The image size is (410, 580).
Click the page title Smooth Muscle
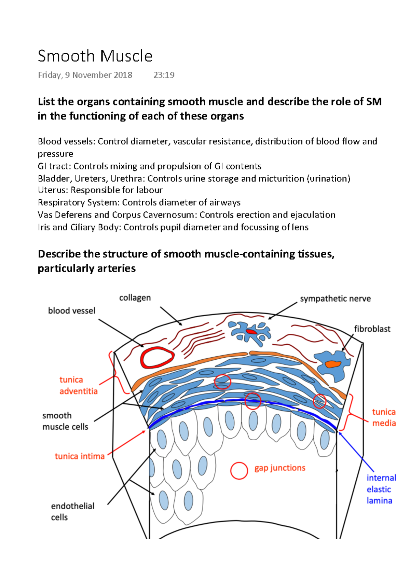click(95, 56)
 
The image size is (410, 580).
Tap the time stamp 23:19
click(164, 75)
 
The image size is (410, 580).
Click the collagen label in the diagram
click(135, 298)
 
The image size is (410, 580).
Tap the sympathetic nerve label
click(335, 299)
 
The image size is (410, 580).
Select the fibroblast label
click(372, 329)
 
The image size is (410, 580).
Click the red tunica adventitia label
click(78, 385)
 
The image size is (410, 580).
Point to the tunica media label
click(384, 417)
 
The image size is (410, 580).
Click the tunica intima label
click(80, 456)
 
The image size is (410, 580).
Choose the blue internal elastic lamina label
click(381, 489)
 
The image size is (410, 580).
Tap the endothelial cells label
click(72, 511)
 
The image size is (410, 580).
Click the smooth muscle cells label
click(65, 421)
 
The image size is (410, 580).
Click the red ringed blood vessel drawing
click(157, 358)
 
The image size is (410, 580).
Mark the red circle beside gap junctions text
click(239, 471)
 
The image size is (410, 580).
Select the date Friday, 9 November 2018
click(85, 75)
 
